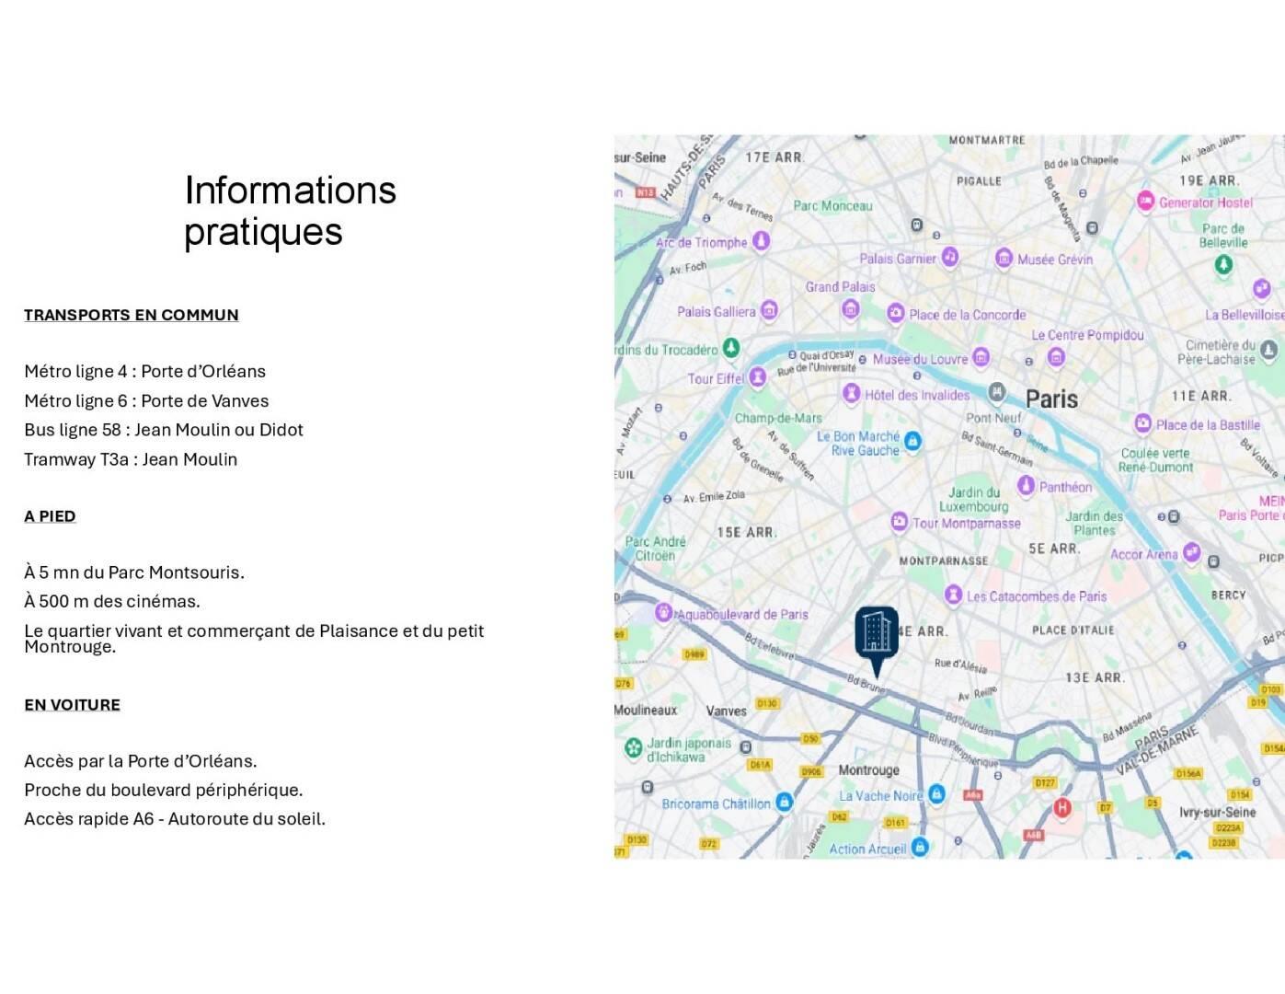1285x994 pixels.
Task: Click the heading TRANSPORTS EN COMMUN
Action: pyautogui.click(x=131, y=315)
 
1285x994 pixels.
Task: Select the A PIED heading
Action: pyautogui.click(x=50, y=516)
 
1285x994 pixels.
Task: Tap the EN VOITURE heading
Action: pyautogui.click(x=72, y=705)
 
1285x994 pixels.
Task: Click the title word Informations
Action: pyautogui.click(x=290, y=191)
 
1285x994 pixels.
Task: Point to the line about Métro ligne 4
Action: pyautogui.click(x=144, y=372)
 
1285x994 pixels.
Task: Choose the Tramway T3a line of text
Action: pyautogui.click(x=131, y=459)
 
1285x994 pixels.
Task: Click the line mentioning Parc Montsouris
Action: pyautogui.click(x=134, y=572)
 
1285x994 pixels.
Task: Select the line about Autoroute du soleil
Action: pyautogui.click(x=175, y=819)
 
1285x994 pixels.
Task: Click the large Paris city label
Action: pyautogui.click(x=1051, y=399)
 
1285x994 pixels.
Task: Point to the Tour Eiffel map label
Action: pyautogui.click(x=716, y=379)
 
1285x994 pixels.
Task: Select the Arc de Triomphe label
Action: pyautogui.click(x=701, y=243)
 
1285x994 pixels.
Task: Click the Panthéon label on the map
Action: pyautogui.click(x=1065, y=487)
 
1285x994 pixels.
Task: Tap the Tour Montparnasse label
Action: pyautogui.click(x=966, y=524)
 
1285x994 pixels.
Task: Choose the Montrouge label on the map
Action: pyautogui.click(x=868, y=770)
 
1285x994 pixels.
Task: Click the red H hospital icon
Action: pyautogui.click(x=1062, y=808)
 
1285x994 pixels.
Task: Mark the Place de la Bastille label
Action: pyautogui.click(x=1207, y=424)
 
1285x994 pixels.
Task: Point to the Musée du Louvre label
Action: pyautogui.click(x=920, y=359)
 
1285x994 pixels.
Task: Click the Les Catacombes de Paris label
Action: pyautogui.click(x=1036, y=596)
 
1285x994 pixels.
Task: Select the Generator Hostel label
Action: pyautogui.click(x=1205, y=202)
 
